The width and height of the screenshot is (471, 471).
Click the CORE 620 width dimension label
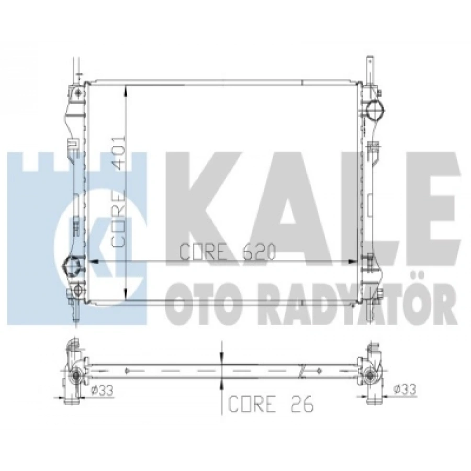pyautogui.click(x=227, y=253)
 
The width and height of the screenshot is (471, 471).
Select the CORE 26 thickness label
pyautogui.click(x=270, y=405)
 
